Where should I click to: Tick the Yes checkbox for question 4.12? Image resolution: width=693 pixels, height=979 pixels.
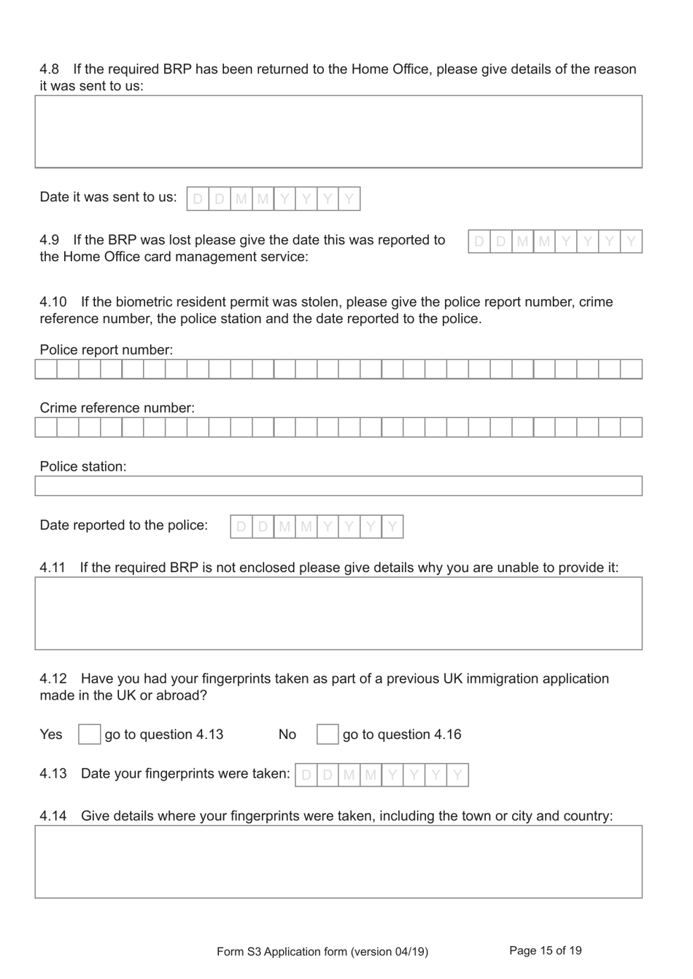(x=89, y=734)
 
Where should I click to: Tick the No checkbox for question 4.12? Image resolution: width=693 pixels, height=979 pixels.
(x=328, y=734)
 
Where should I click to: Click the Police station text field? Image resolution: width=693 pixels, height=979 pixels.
(x=338, y=486)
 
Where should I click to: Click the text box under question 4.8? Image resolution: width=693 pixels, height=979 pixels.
(x=338, y=132)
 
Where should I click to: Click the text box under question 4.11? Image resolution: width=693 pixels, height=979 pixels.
(x=338, y=614)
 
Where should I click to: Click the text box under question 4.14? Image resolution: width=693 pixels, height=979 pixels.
(x=338, y=862)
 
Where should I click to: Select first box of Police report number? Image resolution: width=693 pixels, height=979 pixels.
(x=46, y=369)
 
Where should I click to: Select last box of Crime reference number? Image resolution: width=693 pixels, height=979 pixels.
(x=631, y=427)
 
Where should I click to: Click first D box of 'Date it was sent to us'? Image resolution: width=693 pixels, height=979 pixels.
(x=198, y=199)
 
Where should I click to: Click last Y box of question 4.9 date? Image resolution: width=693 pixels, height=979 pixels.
(x=631, y=241)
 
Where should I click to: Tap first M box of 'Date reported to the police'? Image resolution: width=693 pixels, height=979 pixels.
(x=284, y=527)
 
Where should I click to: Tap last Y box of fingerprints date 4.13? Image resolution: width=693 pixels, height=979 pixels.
(x=457, y=775)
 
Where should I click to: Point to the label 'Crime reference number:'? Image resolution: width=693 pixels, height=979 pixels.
(x=117, y=408)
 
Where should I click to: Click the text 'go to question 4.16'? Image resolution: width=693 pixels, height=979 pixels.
(x=402, y=735)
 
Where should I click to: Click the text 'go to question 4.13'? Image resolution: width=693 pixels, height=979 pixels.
(x=164, y=735)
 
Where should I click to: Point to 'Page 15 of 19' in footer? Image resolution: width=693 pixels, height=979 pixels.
(x=545, y=951)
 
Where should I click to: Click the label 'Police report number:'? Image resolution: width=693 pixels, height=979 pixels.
(x=107, y=349)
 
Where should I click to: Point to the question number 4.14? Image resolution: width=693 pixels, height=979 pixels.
(x=53, y=816)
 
